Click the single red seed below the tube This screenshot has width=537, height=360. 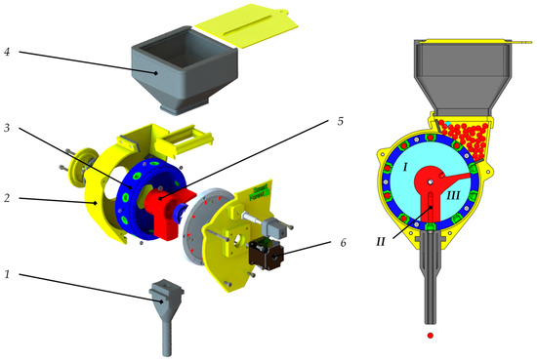pyautogui.click(x=430, y=339)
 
